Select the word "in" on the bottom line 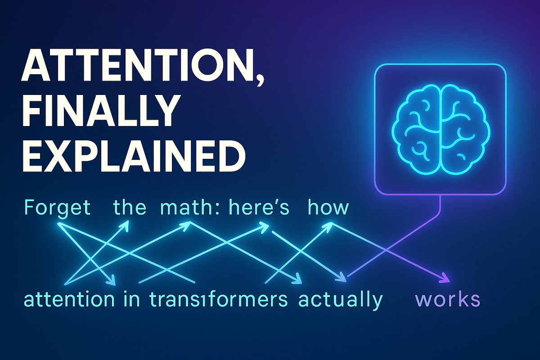click(130, 299)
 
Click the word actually click(340, 299)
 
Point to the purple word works click(447, 299)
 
